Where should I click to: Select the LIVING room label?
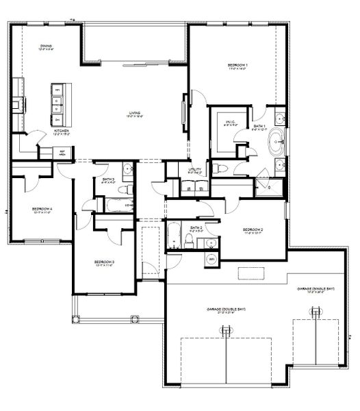click(135, 114)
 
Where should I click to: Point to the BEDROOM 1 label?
click(237, 66)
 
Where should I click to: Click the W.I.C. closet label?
click(230, 123)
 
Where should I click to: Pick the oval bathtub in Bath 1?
click(277, 142)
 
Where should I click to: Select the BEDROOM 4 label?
click(42, 210)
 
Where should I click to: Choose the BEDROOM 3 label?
click(104, 262)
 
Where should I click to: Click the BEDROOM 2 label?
click(253, 229)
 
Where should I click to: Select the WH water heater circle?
click(211, 260)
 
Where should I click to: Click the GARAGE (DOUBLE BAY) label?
click(226, 310)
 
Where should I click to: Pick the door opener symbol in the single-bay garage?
click(316, 313)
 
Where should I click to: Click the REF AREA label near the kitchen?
click(62, 153)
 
